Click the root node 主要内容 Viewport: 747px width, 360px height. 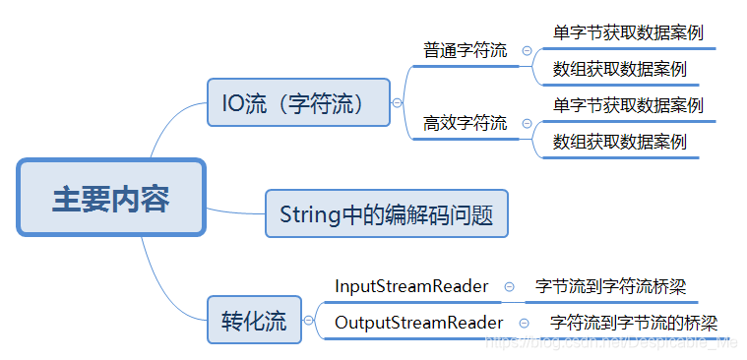[110, 199]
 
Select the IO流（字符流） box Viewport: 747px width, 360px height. [298, 102]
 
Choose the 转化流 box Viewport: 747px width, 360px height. [254, 320]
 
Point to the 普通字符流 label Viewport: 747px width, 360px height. [466, 50]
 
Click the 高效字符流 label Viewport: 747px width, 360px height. [466, 123]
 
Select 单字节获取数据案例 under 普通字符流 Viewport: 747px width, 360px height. [628, 32]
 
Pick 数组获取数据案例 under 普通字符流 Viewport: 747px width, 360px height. [619, 69]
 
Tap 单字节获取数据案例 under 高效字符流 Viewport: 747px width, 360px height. [628, 104]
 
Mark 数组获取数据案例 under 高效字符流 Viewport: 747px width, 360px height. [619, 142]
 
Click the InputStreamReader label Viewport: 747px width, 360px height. [411, 286]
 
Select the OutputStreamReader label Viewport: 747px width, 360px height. [418, 323]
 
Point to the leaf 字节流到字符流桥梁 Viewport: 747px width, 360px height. [610, 286]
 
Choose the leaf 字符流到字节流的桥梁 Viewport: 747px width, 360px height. [634, 323]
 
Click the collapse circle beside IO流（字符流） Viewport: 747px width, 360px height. [397, 102]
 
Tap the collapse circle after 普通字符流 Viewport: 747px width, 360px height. [527, 51]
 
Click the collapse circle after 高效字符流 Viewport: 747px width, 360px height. [527, 124]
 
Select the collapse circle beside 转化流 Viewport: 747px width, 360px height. [309, 320]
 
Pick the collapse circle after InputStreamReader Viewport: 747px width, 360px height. [509, 287]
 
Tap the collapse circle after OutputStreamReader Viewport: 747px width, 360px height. [524, 324]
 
